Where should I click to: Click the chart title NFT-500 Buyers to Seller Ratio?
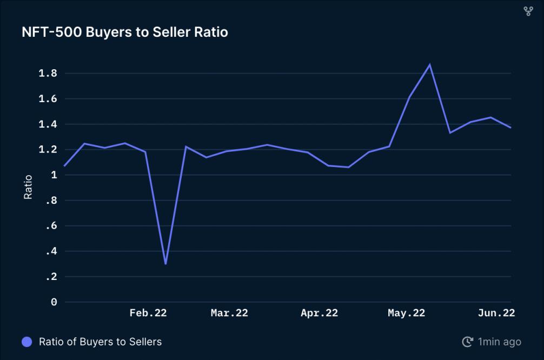click(x=125, y=32)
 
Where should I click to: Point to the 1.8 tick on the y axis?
click(x=49, y=74)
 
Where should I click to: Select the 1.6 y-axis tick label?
click(x=49, y=99)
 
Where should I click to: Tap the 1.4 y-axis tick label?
click(x=49, y=124)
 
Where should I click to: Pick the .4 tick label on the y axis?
click(x=51, y=251)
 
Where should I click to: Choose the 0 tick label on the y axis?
click(x=54, y=302)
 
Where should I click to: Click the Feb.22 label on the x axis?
click(x=148, y=313)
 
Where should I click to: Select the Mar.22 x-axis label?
click(x=229, y=313)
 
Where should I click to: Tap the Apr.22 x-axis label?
click(x=319, y=313)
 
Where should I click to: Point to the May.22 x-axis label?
click(x=406, y=313)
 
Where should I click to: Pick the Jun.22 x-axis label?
click(x=496, y=313)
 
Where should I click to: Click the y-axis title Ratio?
click(x=28, y=187)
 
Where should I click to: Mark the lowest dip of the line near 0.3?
click(x=165, y=263)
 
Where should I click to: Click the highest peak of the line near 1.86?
click(x=430, y=65)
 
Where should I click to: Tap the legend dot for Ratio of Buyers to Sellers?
click(x=26, y=342)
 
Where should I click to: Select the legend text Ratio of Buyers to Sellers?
click(x=100, y=342)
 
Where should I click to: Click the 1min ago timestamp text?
click(x=500, y=342)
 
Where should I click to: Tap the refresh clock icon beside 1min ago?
click(x=467, y=342)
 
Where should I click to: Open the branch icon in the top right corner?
click(x=528, y=11)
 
